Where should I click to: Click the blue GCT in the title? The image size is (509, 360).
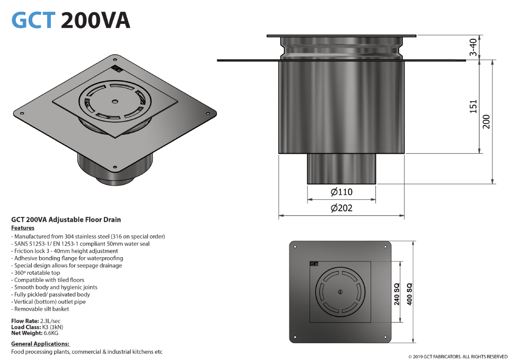coord(33,20)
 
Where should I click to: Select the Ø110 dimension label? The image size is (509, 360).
coord(341,192)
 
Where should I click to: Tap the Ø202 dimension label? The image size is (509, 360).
coord(341,208)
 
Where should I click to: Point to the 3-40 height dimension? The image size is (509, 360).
coord(473,47)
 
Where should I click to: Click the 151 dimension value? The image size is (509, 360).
coord(473,107)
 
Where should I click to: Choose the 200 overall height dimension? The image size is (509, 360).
coord(486,122)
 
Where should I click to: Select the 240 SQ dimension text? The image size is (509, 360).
coord(397,294)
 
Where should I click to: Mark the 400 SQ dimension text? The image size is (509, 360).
coord(409,294)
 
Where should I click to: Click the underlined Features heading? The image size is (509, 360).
coord(23,228)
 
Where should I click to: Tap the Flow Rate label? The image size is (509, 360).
coord(25,321)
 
